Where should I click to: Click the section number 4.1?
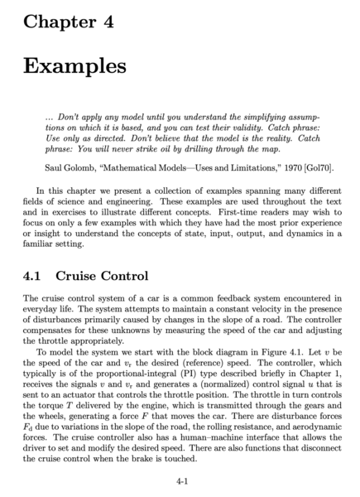(x=37, y=275)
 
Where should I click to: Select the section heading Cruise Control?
(x=105, y=275)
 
